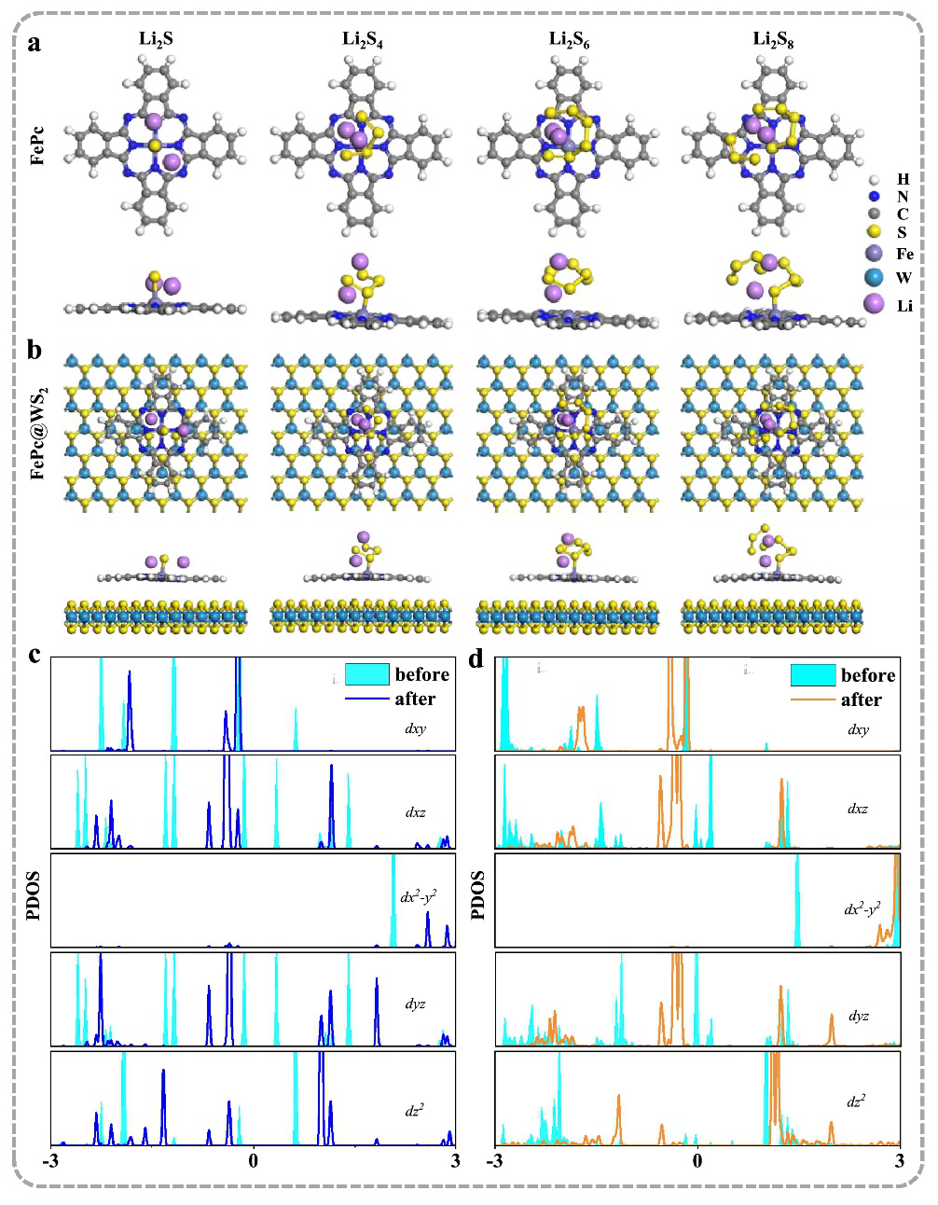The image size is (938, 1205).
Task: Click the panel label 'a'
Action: (34, 43)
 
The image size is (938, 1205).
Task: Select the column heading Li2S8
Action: (773, 39)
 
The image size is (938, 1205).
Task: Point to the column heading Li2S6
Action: (569, 39)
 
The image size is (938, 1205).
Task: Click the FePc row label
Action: (38, 145)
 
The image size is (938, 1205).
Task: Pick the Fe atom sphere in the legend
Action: (874, 254)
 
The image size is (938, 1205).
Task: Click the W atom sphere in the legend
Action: (874, 278)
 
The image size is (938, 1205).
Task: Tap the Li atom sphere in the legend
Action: (875, 304)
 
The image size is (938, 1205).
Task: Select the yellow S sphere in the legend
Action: (874, 232)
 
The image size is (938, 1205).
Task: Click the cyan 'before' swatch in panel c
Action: (366, 674)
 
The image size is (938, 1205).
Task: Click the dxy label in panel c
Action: (416, 728)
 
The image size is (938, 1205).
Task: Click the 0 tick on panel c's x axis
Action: (253, 1161)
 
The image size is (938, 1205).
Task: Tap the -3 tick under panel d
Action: (495, 1161)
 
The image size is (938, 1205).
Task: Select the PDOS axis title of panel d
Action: (478, 894)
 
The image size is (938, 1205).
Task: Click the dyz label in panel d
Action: (858, 1016)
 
